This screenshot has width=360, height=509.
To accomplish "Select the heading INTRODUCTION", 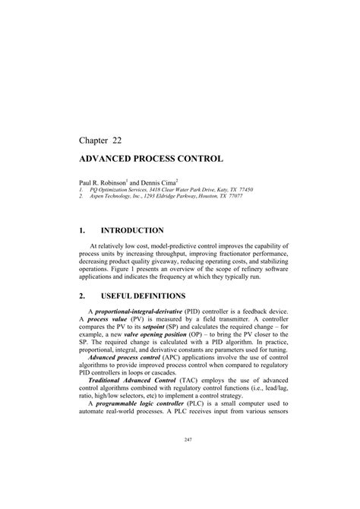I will [134, 230].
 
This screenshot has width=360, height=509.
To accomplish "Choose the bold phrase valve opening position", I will [153, 336].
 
